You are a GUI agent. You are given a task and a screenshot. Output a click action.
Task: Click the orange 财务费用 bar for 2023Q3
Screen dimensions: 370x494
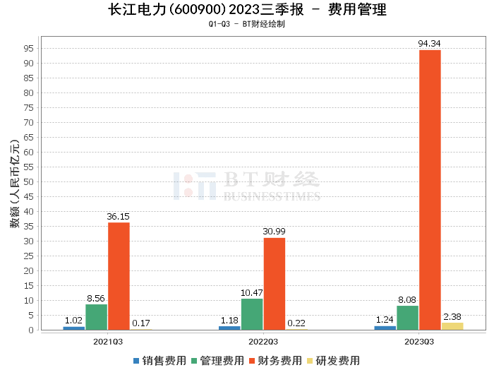(x=430, y=190)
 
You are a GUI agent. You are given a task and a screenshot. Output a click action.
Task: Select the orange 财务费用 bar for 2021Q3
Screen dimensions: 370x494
(x=119, y=276)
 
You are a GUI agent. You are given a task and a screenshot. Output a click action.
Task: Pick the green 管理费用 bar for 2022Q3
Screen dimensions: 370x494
(x=252, y=314)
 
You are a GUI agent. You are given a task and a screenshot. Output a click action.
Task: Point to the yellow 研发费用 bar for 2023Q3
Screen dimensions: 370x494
(x=452, y=326)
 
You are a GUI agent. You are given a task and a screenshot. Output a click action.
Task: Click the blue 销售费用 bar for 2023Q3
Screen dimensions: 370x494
(x=385, y=328)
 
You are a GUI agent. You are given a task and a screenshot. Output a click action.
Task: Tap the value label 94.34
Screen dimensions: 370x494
(x=430, y=44)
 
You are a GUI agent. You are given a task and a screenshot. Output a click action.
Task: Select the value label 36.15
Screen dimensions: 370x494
(x=119, y=217)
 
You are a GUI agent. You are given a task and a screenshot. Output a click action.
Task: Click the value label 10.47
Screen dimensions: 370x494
(x=252, y=293)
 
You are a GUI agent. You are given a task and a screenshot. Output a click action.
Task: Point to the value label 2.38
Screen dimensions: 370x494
(x=452, y=317)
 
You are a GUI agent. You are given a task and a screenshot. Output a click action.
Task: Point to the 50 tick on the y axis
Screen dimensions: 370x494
(x=29, y=181)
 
